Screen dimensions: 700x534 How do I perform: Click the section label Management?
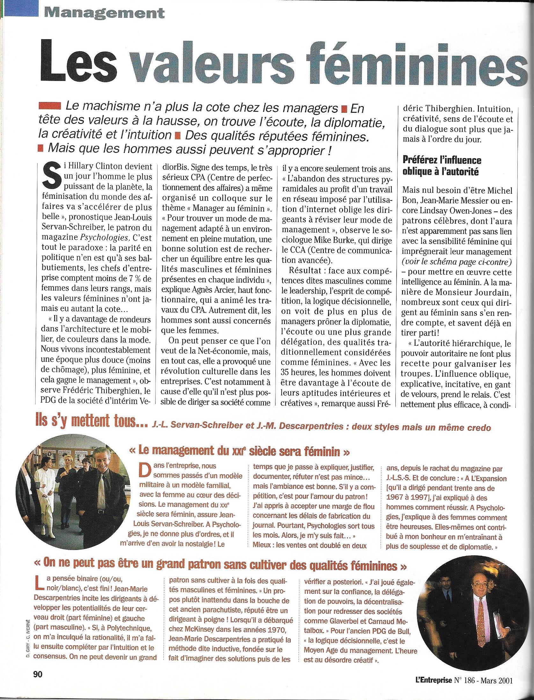click(104, 13)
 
